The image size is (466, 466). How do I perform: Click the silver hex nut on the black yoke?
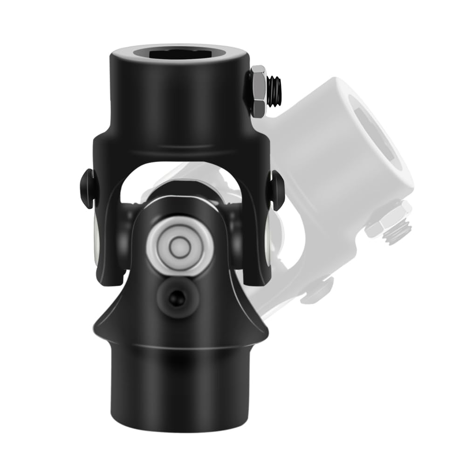(x=258, y=92)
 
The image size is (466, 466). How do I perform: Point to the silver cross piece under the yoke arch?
(x=186, y=186)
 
